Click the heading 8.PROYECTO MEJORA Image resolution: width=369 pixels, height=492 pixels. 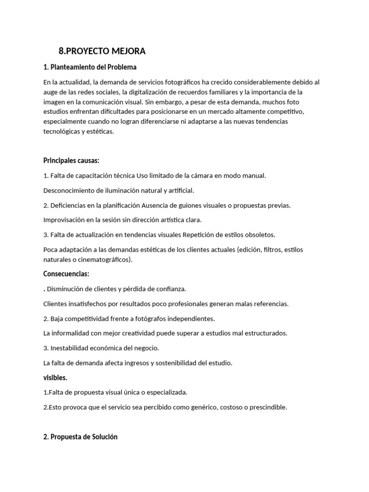(x=102, y=51)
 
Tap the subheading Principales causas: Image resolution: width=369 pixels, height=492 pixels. (x=71, y=160)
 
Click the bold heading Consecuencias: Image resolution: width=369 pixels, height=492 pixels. (x=66, y=274)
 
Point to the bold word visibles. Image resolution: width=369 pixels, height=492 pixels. (x=55, y=378)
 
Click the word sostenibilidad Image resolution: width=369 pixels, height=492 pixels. (x=179, y=363)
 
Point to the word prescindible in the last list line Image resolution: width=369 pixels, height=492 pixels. (x=268, y=407)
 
